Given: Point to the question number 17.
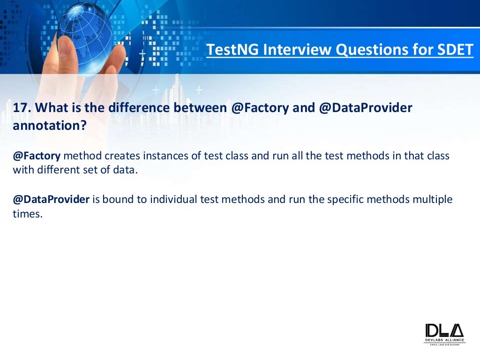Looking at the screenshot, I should click(x=22, y=108).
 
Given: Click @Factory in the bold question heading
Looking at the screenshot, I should click(x=260, y=108).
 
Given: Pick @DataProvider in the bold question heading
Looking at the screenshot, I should click(x=366, y=108).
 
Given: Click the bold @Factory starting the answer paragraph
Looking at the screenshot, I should click(x=36, y=156).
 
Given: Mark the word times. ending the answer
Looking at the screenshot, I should click(x=27, y=214).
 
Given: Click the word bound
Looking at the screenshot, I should click(x=115, y=200).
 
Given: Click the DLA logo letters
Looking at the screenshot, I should click(x=444, y=330).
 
